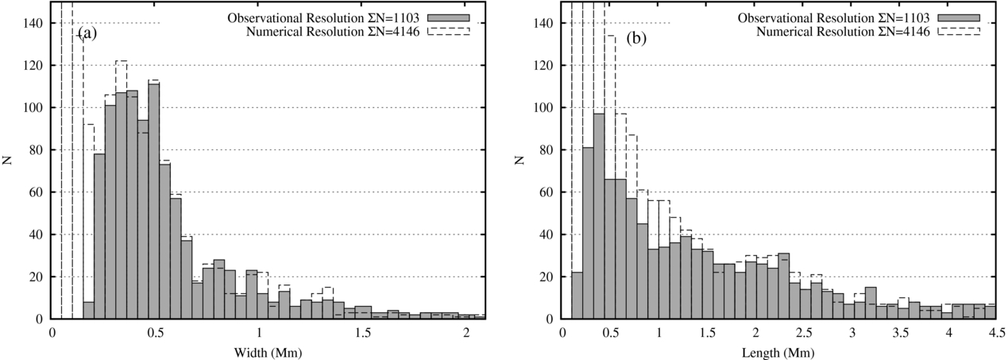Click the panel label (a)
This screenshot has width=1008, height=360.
tap(87, 33)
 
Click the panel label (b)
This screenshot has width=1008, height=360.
tap(636, 37)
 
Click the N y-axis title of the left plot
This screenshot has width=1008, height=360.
tap(8, 161)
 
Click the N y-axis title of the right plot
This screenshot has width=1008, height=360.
tap(519, 161)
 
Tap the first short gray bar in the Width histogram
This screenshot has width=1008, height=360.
tap(88, 311)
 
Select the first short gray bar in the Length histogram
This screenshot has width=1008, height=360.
tap(577, 296)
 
